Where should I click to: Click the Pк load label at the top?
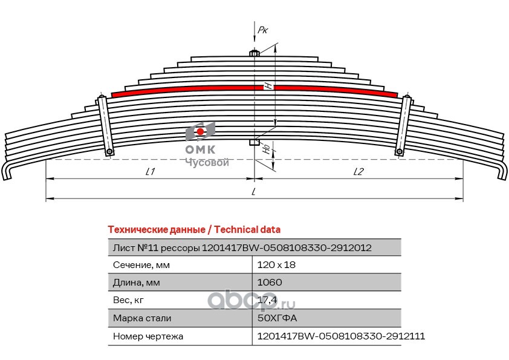[262, 28]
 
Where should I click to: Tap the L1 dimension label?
[151, 172]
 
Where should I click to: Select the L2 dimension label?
[358, 172]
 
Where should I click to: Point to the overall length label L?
[254, 192]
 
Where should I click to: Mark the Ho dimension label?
[267, 147]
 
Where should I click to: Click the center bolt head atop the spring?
[254, 53]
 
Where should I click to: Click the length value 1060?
[269, 283]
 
